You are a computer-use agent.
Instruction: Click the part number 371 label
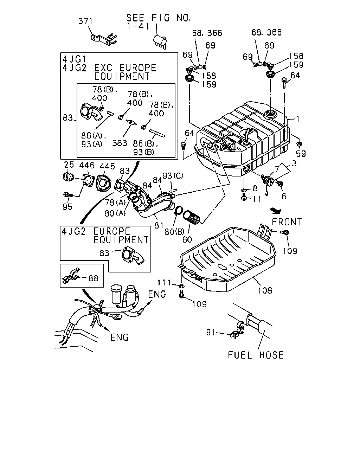point(85,21)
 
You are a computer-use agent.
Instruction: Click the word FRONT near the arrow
point(287,222)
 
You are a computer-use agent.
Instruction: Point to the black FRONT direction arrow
point(275,211)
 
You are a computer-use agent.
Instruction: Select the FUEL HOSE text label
point(256,355)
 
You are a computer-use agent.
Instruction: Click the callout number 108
point(265,290)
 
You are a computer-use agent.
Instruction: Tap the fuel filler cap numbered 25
point(68,177)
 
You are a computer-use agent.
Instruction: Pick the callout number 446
point(87,165)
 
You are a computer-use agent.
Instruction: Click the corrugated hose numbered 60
point(191,218)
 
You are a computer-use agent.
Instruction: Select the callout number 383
point(120,143)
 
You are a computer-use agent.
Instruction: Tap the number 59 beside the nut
point(301,154)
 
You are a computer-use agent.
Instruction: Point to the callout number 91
point(211,332)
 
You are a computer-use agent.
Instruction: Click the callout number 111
point(164,283)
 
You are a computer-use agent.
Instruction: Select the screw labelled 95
point(68,195)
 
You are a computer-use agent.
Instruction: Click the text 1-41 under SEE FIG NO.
point(138,27)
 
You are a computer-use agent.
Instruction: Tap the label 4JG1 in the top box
point(74,59)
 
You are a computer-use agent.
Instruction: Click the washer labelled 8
point(244,190)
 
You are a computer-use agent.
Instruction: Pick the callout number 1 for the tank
point(298,119)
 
